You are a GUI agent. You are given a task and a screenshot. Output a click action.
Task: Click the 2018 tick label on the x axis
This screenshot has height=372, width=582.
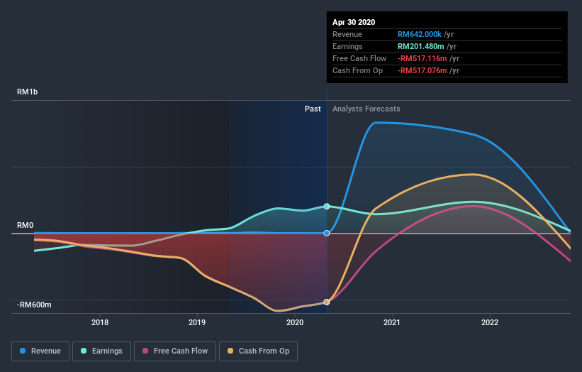100,322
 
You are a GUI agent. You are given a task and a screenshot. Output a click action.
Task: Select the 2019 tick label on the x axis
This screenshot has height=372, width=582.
197,322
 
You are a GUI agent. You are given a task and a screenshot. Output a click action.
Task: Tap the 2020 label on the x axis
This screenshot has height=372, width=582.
294,322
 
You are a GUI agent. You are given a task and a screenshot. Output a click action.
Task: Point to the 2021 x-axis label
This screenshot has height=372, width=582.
392,322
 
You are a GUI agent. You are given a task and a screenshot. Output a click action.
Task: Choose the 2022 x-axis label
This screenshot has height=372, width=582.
489,322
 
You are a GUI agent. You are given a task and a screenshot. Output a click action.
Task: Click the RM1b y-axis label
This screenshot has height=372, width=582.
28,92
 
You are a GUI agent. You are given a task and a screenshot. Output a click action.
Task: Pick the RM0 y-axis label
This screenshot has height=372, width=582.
26,225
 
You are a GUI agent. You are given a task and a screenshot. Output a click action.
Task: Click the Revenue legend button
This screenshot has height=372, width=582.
41,351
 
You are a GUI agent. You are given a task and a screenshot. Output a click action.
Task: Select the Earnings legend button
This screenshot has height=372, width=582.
101,351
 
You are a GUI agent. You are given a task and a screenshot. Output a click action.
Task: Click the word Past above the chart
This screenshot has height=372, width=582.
313,109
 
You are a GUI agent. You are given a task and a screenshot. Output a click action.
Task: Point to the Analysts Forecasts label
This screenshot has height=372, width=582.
366,109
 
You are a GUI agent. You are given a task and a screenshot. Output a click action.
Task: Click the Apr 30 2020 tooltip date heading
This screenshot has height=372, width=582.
354,22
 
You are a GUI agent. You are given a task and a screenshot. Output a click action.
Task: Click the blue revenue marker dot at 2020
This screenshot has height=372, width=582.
327,233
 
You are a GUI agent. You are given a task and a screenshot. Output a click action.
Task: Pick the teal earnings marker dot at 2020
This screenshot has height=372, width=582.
327,207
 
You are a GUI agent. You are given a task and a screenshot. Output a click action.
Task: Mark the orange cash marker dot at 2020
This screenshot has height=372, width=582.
327,302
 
